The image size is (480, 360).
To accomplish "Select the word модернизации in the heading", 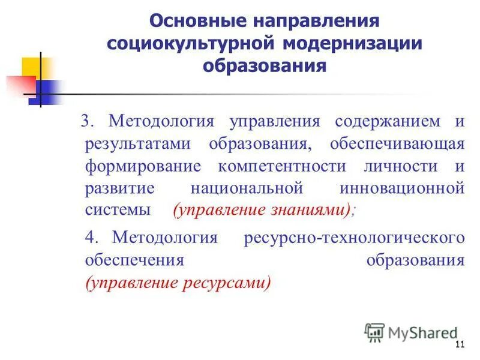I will (x=344, y=43).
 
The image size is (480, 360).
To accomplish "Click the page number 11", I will (x=460, y=344).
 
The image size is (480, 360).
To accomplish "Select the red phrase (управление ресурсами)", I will (x=178, y=282).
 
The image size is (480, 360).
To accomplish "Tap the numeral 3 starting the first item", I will (x=86, y=121).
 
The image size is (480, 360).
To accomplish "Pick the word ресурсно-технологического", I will (x=355, y=237).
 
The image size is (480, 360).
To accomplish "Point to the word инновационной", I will (x=402, y=188).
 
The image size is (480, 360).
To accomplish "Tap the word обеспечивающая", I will (x=397, y=143).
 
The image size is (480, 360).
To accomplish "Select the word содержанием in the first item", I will (x=379, y=121).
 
